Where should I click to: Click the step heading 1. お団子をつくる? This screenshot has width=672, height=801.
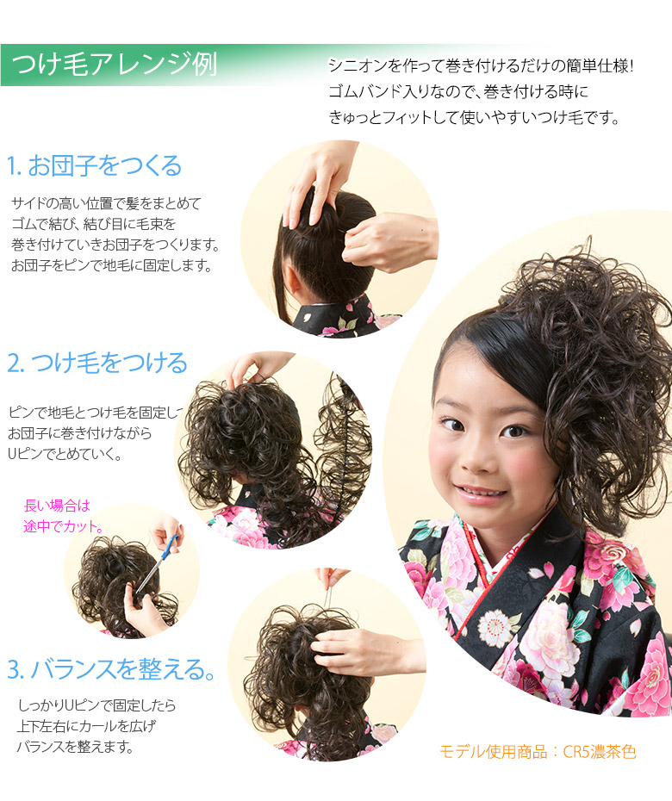click(94, 165)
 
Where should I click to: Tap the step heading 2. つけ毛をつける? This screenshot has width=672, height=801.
click(96, 363)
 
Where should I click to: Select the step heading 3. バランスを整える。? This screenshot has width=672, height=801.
click(111, 668)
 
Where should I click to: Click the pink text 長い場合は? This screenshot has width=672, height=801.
click(57, 506)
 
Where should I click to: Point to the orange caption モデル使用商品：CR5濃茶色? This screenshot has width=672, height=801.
click(538, 752)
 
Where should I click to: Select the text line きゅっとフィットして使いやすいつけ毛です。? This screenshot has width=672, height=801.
click(474, 118)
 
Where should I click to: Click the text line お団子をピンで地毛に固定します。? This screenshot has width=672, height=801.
click(111, 265)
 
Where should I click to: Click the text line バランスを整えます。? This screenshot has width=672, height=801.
click(75, 747)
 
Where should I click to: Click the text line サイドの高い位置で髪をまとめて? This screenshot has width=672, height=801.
click(106, 203)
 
